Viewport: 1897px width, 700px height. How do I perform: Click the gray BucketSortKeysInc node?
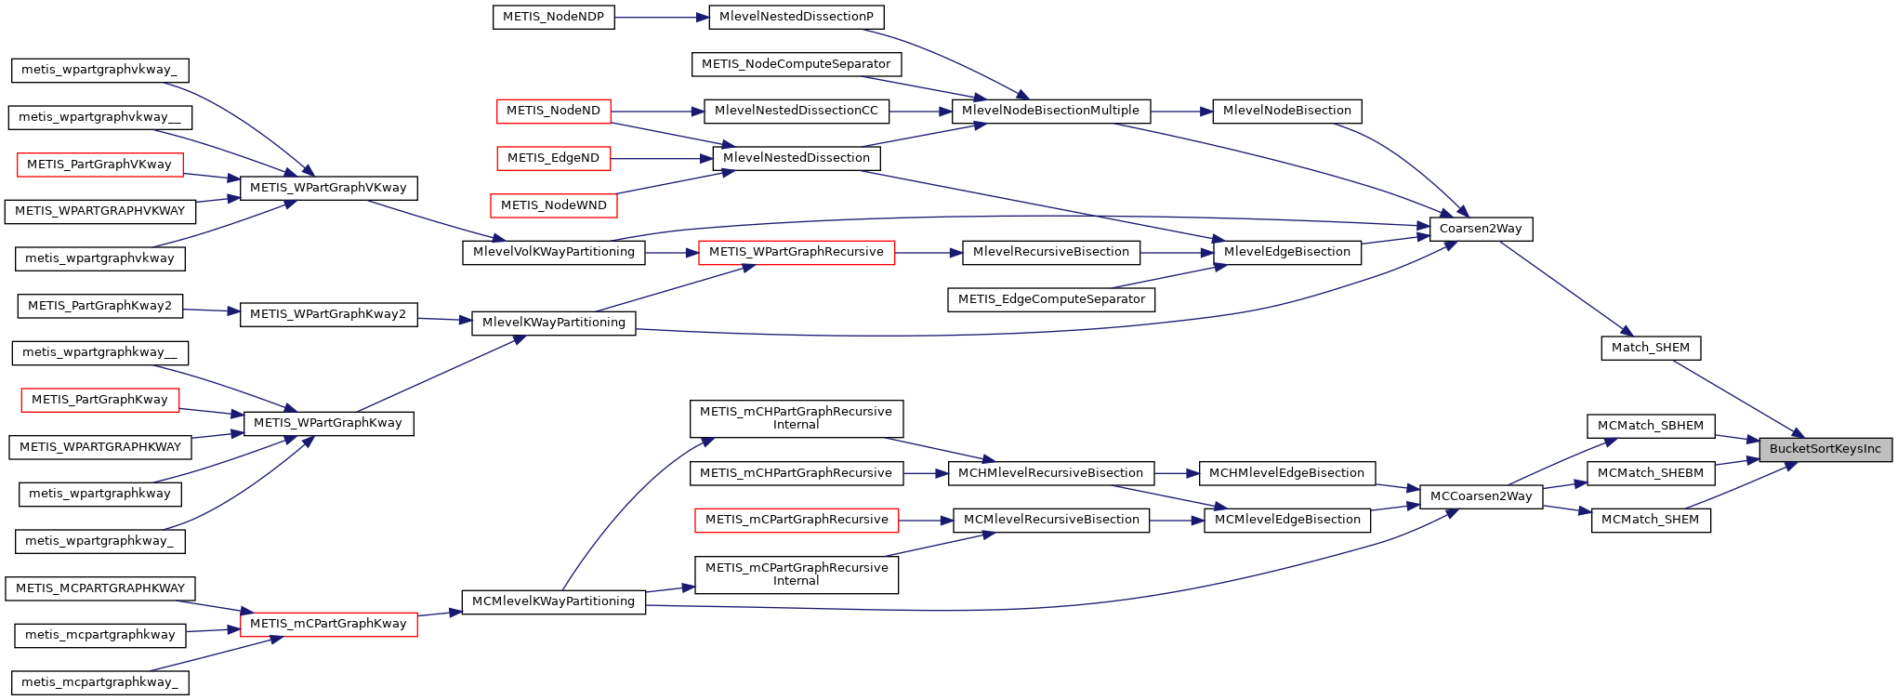[1825, 449]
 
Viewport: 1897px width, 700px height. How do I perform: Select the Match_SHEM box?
[1651, 348]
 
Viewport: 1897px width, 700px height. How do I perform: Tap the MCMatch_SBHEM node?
[1651, 426]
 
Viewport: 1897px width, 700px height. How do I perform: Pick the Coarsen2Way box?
[1481, 229]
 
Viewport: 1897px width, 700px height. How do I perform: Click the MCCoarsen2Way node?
[1481, 496]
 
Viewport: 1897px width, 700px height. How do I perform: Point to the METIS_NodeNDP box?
[553, 17]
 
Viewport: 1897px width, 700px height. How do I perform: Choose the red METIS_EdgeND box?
[553, 158]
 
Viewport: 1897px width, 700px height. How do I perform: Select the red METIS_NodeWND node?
[553, 205]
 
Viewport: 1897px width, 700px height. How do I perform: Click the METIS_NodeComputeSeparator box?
[796, 64]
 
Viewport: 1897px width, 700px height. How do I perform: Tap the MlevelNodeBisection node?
[1287, 111]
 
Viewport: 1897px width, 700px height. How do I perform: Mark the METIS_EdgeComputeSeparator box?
[1051, 299]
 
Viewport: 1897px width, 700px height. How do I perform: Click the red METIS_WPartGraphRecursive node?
[796, 252]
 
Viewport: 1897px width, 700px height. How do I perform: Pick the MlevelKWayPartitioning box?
[554, 323]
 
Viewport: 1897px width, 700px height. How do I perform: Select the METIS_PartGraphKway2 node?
[99, 306]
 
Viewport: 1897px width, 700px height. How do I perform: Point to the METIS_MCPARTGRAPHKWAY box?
[100, 588]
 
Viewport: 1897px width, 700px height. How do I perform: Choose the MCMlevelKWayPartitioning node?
[553, 601]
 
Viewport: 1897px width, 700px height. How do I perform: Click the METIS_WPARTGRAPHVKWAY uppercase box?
[99, 211]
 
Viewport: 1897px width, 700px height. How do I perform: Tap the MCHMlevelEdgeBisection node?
[1286, 473]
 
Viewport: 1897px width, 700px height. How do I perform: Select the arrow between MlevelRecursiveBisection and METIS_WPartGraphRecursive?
[929, 252]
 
